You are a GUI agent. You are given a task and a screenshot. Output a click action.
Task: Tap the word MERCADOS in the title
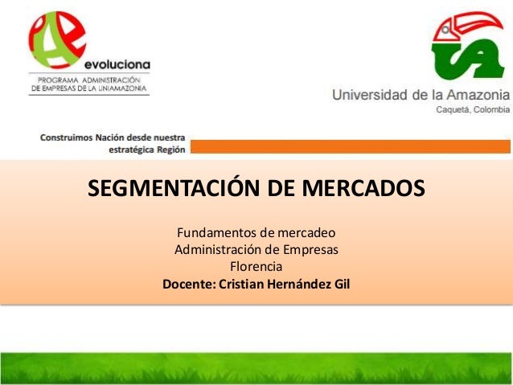tap(362, 190)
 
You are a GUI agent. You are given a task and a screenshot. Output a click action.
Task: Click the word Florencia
tap(256, 267)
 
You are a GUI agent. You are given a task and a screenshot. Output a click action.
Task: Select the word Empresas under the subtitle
tap(310, 250)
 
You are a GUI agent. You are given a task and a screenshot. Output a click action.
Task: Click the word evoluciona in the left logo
tap(115, 65)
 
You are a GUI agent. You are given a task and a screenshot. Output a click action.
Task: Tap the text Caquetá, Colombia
tap(472, 111)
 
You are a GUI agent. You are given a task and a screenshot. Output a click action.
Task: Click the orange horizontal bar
tap(350, 146)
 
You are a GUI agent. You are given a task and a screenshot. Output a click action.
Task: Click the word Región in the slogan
tap(170, 149)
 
